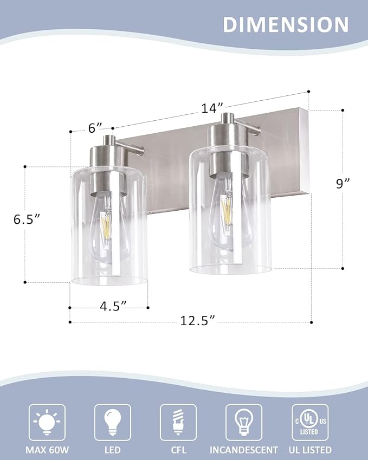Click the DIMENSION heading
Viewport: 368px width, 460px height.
tap(286, 25)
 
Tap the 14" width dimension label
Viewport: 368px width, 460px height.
tap(209, 108)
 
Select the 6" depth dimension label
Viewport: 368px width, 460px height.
tap(95, 128)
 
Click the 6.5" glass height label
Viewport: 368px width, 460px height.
tap(28, 219)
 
